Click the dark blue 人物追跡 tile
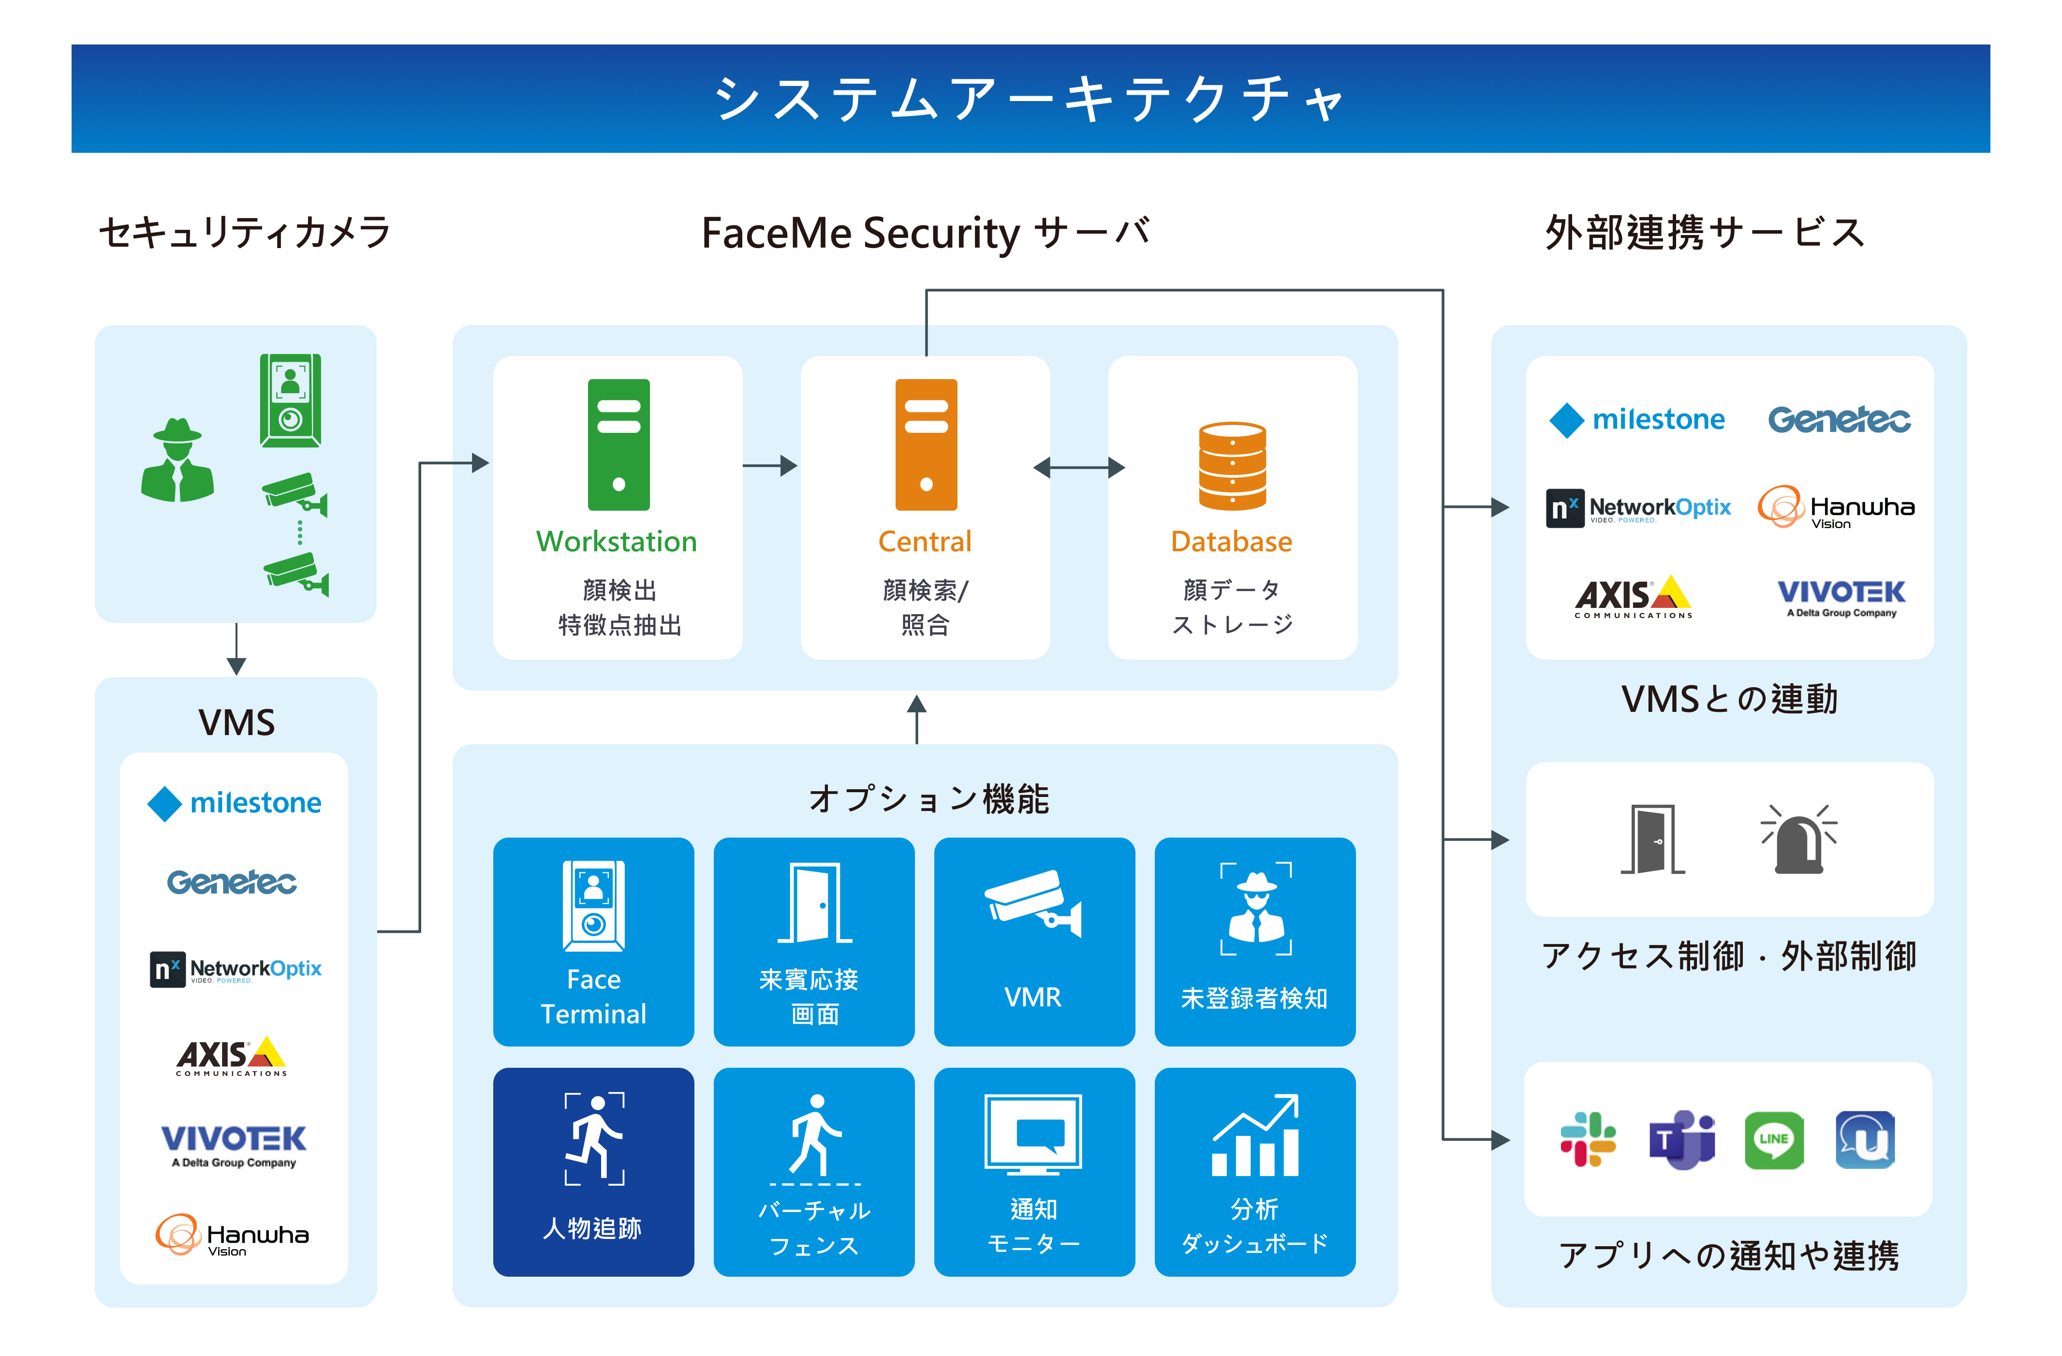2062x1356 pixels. tap(593, 1171)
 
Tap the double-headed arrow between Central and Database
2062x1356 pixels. tap(1079, 468)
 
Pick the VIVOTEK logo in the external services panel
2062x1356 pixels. tap(1841, 597)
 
